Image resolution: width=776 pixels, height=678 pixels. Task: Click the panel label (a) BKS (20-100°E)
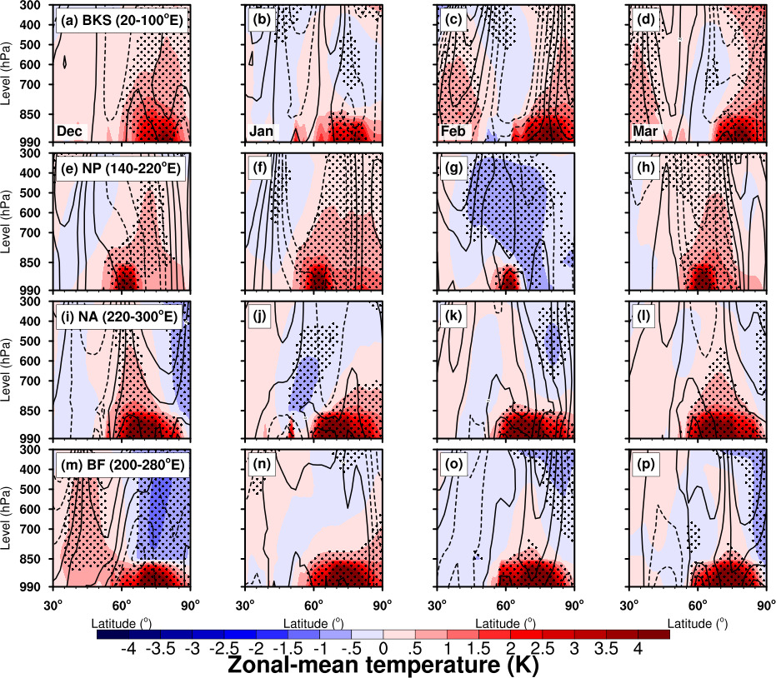click(x=122, y=20)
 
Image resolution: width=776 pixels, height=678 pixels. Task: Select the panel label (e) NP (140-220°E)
click(x=120, y=168)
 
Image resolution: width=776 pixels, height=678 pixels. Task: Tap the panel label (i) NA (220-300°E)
click(x=118, y=317)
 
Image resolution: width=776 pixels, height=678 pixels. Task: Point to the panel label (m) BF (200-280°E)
click(x=122, y=465)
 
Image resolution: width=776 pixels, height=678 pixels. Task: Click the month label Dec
click(x=69, y=131)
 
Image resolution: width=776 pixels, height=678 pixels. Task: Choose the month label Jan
click(x=261, y=131)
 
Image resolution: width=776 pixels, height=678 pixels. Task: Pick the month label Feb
click(x=453, y=131)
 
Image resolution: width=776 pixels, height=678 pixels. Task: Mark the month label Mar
click(x=645, y=131)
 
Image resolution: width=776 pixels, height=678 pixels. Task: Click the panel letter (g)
click(x=453, y=168)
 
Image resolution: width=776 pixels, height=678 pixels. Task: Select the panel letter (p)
click(x=646, y=465)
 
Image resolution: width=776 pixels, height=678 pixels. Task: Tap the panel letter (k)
click(x=453, y=317)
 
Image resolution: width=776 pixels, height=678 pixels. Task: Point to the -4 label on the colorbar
click(x=128, y=648)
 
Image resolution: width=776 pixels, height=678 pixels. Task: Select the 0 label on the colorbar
click(x=383, y=648)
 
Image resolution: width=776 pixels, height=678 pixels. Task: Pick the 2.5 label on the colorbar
click(x=542, y=648)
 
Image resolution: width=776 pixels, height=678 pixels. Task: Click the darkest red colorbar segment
click(x=653, y=634)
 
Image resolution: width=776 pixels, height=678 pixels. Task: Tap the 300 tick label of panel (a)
click(x=31, y=5)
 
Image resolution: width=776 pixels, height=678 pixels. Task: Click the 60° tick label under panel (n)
click(x=313, y=605)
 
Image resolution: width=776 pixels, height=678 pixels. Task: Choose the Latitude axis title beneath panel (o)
click(x=505, y=623)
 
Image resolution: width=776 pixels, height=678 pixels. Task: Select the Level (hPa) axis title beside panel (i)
click(x=6, y=370)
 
